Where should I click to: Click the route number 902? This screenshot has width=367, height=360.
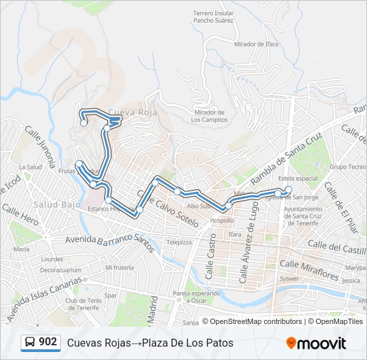47,342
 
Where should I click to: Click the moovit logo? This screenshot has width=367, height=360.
316,343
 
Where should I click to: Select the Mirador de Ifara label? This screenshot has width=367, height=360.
256,44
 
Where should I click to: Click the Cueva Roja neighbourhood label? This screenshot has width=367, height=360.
132,113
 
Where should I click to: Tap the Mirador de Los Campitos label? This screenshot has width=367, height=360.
209,116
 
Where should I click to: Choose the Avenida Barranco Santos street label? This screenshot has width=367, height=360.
110,243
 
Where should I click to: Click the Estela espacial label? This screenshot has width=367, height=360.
298,179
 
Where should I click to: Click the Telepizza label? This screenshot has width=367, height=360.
179,242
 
